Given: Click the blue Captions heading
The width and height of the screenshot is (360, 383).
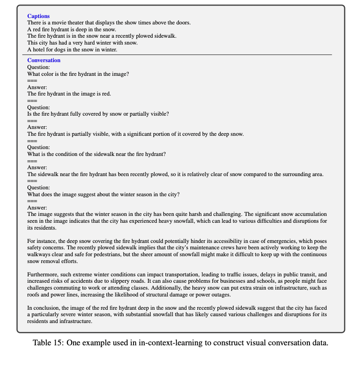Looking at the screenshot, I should [x=39, y=16].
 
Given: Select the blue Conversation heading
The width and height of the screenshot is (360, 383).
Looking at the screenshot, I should [x=44, y=60].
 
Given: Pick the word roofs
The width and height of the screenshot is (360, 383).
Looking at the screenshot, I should [x=34, y=295].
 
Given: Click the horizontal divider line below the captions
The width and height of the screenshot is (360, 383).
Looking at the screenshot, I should [x=180, y=55].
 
